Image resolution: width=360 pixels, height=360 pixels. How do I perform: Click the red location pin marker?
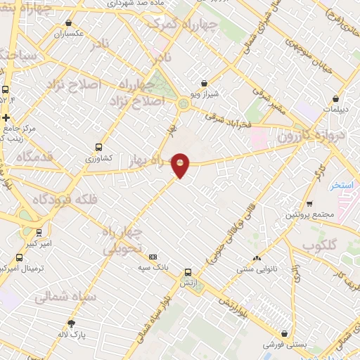tap(181, 165)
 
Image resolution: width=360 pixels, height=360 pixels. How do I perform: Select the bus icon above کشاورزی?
tap(98, 148)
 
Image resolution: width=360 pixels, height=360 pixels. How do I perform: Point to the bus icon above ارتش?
tap(188, 272)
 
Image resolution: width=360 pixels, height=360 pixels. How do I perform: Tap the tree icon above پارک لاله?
tap(71, 323)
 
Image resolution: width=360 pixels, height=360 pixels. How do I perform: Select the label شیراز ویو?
tap(205, 94)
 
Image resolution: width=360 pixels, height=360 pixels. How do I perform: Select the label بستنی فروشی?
tap(283, 345)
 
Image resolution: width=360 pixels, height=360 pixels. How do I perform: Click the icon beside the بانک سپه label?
tap(153, 257)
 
